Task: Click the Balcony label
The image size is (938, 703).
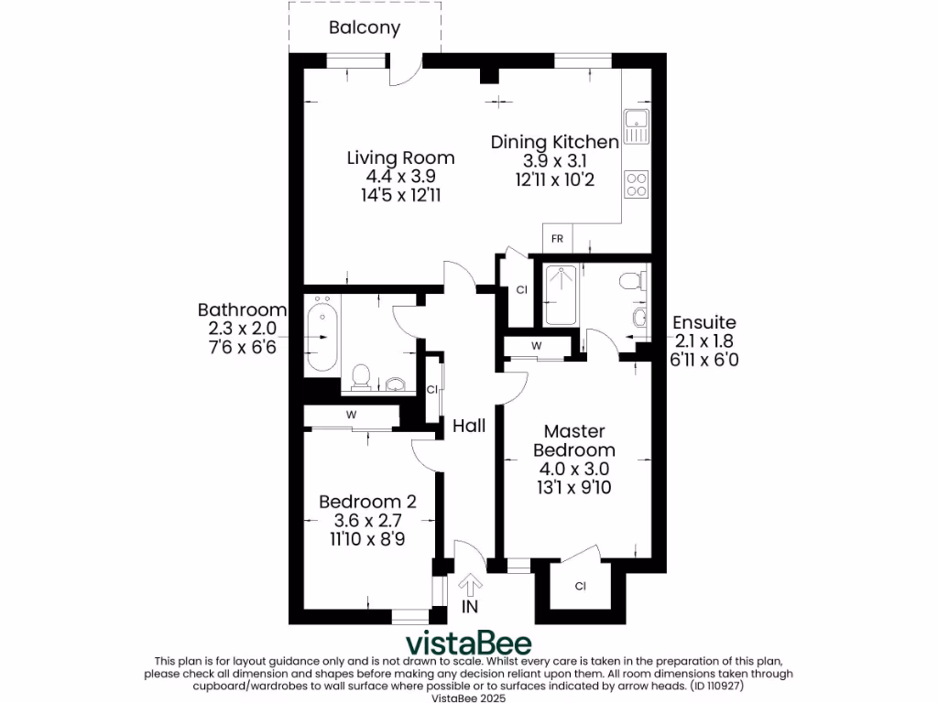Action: tap(365, 27)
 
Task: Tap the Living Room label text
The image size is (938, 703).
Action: tap(400, 157)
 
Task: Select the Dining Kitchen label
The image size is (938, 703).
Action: tap(555, 142)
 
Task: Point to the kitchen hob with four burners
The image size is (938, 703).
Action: tap(636, 184)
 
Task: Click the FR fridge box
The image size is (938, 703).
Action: tap(557, 239)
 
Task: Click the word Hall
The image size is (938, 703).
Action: tap(469, 426)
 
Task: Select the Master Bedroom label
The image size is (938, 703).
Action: tap(574, 440)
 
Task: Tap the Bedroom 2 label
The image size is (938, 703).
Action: tap(367, 502)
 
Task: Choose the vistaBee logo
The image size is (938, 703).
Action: tap(469, 641)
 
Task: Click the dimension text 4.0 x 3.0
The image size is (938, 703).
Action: tap(574, 469)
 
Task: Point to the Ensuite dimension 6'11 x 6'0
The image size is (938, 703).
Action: tap(703, 360)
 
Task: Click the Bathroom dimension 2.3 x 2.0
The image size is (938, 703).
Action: tap(242, 329)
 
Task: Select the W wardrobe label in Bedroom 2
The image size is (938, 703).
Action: tap(351, 415)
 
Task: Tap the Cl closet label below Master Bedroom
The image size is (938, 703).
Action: tap(581, 586)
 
